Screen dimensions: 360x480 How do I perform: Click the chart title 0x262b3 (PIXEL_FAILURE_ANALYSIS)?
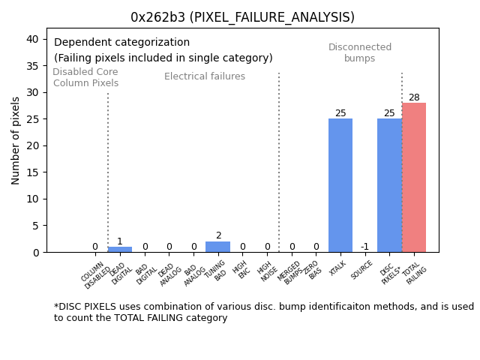click(x=242, y=17)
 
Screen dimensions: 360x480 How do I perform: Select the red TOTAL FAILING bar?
click(x=414, y=178)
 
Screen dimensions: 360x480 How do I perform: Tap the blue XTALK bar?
click(x=340, y=185)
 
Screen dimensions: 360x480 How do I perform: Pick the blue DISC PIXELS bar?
click(x=389, y=185)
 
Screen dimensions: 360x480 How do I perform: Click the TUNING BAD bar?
click(x=218, y=247)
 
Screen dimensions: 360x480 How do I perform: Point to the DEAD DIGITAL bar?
click(x=120, y=249)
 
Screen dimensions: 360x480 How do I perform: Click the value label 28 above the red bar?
click(x=414, y=97)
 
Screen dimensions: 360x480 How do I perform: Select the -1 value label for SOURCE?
click(x=364, y=247)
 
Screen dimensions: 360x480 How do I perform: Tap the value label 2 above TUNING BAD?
click(x=218, y=235)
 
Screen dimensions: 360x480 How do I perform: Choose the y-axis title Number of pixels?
click(x=16, y=140)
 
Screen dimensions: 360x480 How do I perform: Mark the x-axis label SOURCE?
click(x=362, y=270)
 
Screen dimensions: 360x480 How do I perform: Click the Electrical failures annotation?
click(x=205, y=76)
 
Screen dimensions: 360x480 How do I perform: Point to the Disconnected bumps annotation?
click(x=360, y=52)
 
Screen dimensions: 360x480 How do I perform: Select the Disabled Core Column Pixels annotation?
click(x=85, y=77)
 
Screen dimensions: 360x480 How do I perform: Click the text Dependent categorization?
click(x=121, y=43)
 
